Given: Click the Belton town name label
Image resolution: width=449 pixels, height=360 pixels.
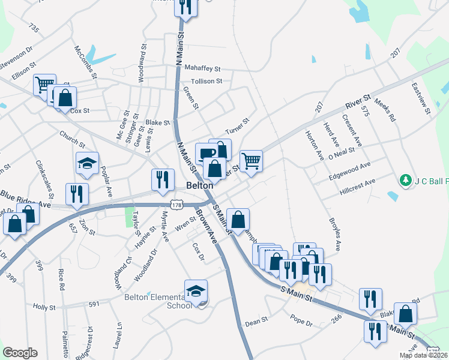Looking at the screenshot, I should [x=199, y=186].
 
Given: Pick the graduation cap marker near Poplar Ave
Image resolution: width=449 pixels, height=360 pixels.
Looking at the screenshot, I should [x=87, y=163].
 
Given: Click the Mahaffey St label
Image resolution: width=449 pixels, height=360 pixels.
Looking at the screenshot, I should [x=203, y=68].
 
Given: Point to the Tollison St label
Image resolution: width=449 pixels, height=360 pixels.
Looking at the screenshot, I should [x=206, y=81].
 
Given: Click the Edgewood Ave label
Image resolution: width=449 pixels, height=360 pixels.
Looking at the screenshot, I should [x=350, y=170].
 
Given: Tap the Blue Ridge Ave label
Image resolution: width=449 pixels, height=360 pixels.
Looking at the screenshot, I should [x=25, y=196].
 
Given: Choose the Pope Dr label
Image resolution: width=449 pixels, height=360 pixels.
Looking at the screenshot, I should [x=301, y=323].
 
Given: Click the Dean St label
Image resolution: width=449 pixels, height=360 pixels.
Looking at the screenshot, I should [x=256, y=322].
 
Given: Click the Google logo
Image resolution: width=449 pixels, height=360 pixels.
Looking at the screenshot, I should [x=20, y=353].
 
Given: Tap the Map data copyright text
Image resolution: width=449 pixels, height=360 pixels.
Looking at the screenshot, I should [x=423, y=355].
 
